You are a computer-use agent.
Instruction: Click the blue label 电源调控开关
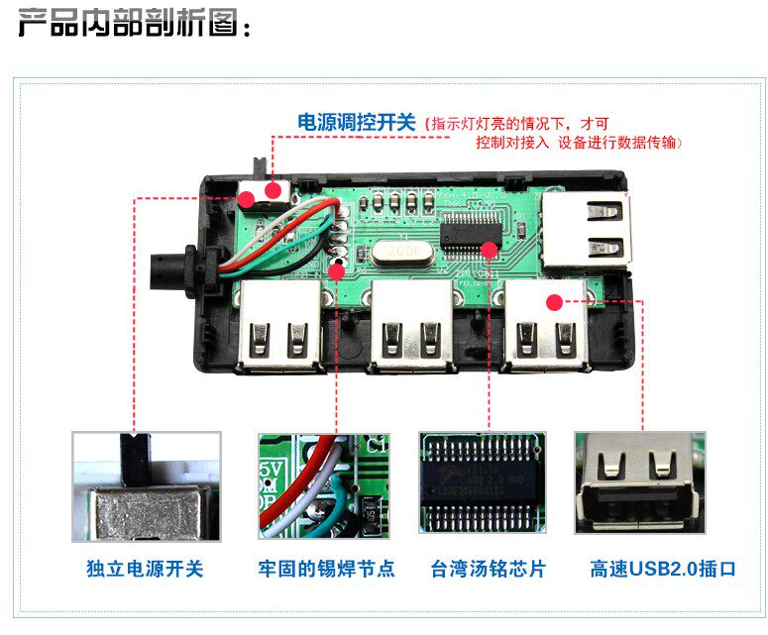point(356,123)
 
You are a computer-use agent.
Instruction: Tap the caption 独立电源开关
point(145,569)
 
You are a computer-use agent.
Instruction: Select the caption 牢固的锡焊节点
point(326,569)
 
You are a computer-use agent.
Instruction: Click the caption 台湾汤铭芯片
point(489,569)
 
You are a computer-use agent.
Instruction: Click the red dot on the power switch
point(246,197)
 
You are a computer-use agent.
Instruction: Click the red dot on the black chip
point(489,248)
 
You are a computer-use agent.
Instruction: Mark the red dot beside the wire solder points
point(336,271)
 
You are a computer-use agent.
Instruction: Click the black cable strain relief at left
point(171,267)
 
